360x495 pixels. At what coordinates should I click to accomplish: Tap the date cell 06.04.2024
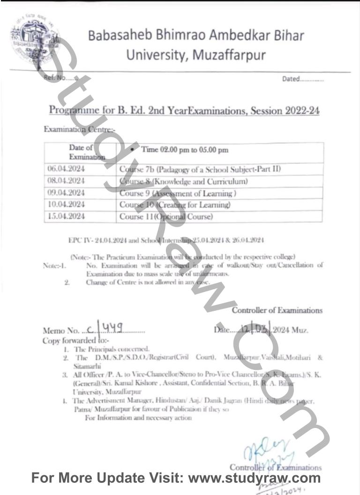tap(66, 169)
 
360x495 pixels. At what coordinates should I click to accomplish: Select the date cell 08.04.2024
tap(66, 181)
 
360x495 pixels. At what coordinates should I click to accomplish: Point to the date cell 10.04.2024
tap(66, 205)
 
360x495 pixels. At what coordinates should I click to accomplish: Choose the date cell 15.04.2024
tap(66, 217)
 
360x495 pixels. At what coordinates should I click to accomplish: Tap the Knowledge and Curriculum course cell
tap(183, 181)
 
